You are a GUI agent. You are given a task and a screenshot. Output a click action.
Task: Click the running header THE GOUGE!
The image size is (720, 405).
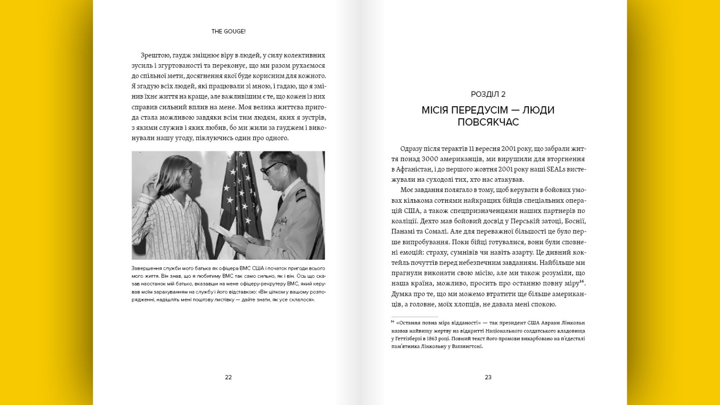[228, 32]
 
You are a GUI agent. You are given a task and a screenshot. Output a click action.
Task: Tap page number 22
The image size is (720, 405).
[228, 377]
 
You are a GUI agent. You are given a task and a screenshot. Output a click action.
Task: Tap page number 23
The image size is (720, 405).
[488, 377]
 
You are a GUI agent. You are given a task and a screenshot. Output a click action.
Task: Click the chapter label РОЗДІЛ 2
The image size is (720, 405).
[488, 94]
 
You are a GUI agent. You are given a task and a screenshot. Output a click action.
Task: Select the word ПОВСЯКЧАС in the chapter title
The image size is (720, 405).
[488, 122]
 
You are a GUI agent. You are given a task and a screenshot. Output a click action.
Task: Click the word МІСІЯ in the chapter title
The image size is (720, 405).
[435, 110]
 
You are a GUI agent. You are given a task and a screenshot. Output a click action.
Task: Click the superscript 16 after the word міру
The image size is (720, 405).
[582, 282]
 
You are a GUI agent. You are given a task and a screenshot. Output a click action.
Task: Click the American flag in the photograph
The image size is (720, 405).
[239, 196]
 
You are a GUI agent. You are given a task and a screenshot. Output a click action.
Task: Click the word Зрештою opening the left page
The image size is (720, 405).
[155, 55]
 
